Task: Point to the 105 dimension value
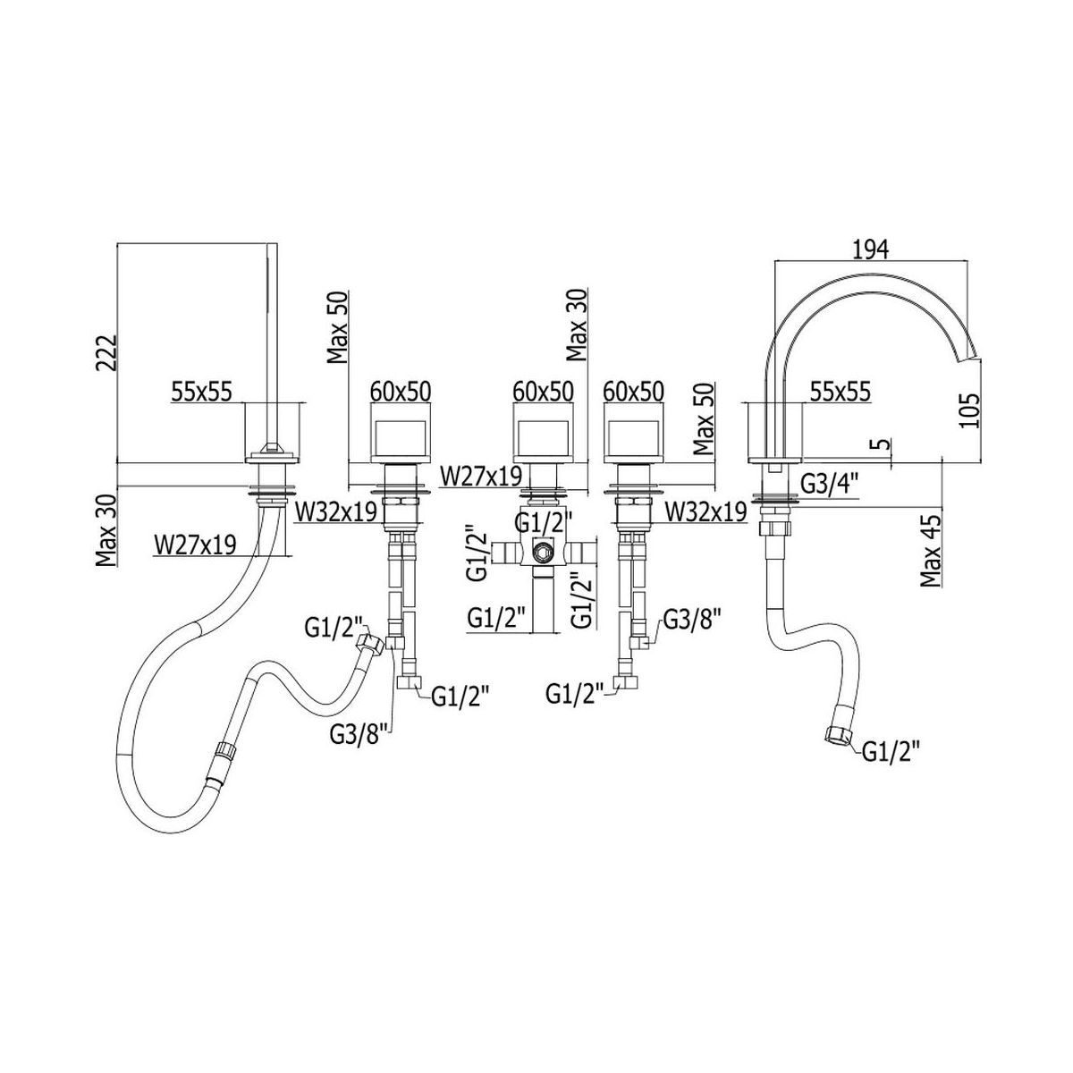[x=968, y=410]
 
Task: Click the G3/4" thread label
[x=828, y=485]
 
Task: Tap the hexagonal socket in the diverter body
[x=541, y=553]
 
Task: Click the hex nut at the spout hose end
[x=837, y=734]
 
